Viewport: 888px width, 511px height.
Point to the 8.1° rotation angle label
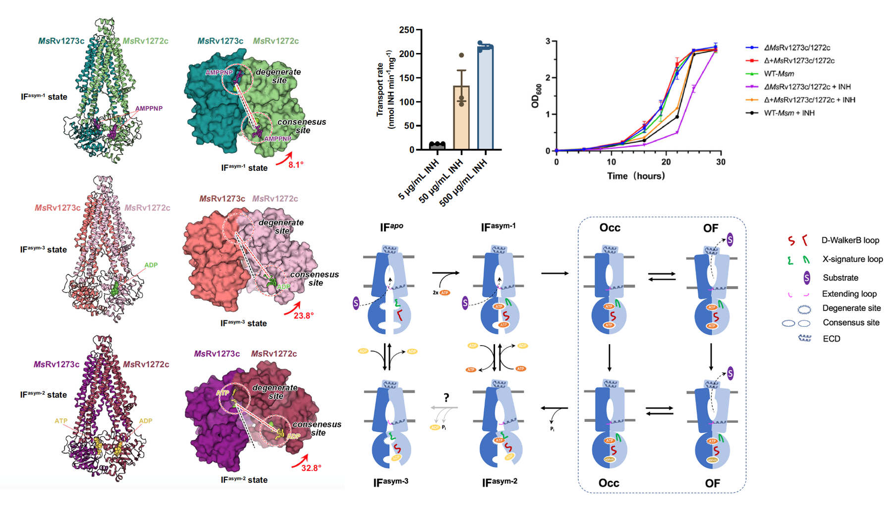point(296,165)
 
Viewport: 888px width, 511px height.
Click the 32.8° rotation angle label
point(311,468)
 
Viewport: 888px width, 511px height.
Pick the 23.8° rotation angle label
point(304,315)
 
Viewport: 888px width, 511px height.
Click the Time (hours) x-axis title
point(636,176)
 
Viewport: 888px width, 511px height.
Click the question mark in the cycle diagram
point(446,398)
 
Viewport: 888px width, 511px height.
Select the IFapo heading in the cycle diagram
point(391,227)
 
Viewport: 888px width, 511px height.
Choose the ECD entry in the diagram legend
point(832,339)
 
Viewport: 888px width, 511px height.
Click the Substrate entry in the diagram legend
point(840,278)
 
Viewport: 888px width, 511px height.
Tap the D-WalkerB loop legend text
point(850,241)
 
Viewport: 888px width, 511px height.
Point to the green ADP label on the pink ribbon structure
point(151,265)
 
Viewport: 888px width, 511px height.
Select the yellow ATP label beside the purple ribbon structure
point(61,421)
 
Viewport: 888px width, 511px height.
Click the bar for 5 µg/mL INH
point(437,146)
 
